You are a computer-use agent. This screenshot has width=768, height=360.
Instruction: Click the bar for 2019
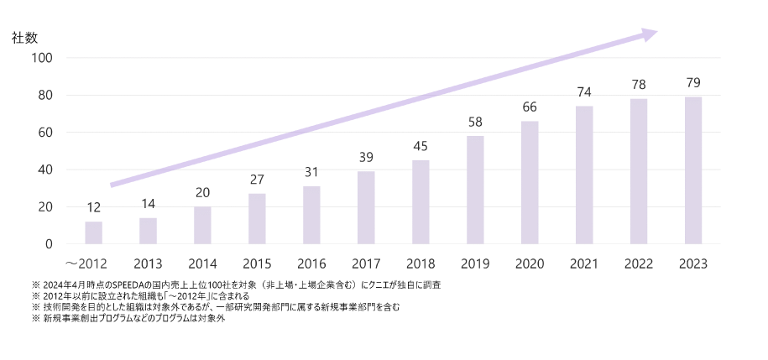tap(475, 190)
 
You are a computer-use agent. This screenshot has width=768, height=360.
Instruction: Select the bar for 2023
tap(693, 170)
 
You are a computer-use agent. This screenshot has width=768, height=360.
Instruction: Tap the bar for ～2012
tap(93, 232)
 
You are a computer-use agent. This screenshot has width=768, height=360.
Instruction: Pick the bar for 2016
tap(311, 215)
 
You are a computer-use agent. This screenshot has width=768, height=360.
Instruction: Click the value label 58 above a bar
tap(475, 123)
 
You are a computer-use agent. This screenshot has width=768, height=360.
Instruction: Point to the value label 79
tap(693, 83)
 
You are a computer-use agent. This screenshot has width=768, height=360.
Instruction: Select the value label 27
tap(257, 180)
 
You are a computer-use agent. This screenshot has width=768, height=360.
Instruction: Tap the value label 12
tap(93, 208)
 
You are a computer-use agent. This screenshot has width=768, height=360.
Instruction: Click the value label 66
tap(530, 107)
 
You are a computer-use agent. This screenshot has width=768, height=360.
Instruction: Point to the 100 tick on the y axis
tap(42, 58)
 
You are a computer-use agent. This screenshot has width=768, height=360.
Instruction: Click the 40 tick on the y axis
tap(45, 170)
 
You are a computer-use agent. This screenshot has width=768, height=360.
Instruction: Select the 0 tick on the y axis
tap(49, 244)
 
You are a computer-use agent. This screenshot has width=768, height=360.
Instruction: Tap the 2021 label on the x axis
tap(584, 263)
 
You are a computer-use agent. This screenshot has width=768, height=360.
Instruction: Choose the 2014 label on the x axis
tap(202, 263)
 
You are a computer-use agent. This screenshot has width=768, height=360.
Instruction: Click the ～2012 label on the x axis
tap(86, 263)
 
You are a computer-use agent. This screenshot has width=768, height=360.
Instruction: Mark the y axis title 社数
tap(25, 37)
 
